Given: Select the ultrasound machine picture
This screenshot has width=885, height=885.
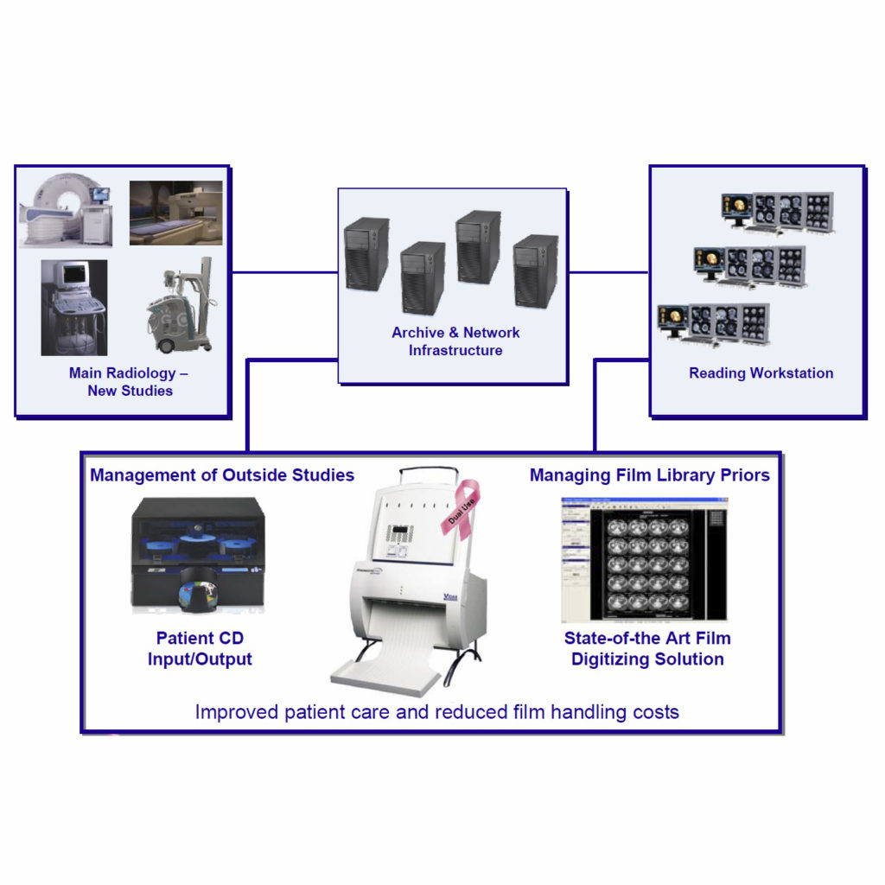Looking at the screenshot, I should [73, 307].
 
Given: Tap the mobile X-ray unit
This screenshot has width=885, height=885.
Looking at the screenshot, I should [180, 307].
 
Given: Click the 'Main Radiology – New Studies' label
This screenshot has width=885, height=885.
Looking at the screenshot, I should [129, 382].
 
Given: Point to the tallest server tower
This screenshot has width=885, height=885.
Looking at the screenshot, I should [478, 247].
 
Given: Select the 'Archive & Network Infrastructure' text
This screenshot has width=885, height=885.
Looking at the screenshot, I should [455, 341].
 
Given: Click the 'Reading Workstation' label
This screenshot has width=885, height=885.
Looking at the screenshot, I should [761, 373].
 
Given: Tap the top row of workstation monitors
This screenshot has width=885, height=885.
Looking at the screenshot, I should [777, 212].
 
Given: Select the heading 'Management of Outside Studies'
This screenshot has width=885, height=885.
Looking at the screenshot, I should [222, 474].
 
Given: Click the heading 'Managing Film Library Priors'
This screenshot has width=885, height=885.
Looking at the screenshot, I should [649, 474].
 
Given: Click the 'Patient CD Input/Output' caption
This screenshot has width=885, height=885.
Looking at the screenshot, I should [204, 648].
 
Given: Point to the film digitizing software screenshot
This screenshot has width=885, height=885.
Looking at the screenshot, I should [644, 559].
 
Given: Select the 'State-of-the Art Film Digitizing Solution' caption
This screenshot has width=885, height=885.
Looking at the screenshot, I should [647, 648].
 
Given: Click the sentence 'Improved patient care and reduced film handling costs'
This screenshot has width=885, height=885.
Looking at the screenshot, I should [436, 712].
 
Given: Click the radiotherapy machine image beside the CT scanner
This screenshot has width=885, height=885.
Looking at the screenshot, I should [175, 213].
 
